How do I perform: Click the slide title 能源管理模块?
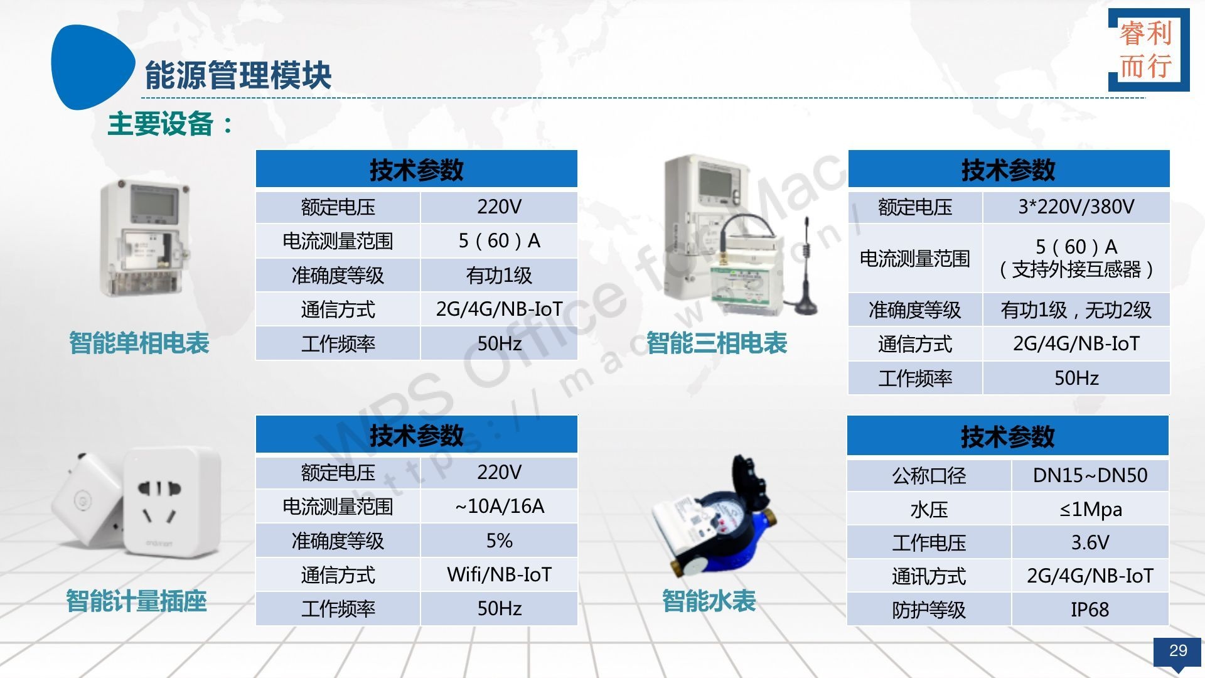(x=238, y=75)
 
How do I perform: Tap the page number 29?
(x=1178, y=650)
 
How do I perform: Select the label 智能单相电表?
(x=139, y=343)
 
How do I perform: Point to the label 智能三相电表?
(x=717, y=343)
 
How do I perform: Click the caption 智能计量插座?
(x=136, y=601)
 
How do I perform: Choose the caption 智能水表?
(x=709, y=601)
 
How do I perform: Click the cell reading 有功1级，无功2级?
(x=1076, y=309)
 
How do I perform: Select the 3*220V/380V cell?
(x=1076, y=207)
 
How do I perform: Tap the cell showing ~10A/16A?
(x=500, y=506)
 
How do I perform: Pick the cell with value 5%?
(x=500, y=541)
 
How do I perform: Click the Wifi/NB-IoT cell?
(x=500, y=574)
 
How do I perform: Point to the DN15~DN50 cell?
(x=1090, y=475)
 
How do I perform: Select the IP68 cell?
(x=1090, y=610)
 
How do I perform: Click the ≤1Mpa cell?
(x=1090, y=509)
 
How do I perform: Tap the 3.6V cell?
(x=1090, y=542)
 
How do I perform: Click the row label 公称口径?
(x=929, y=475)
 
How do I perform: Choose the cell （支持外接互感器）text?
(x=1076, y=270)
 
